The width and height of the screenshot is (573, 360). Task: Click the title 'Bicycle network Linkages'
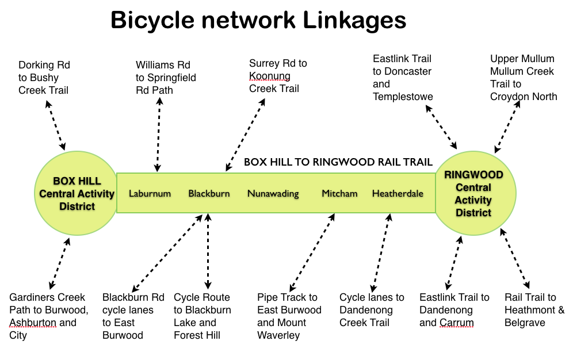[x=258, y=21]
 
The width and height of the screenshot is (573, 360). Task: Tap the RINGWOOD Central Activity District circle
[x=473, y=193]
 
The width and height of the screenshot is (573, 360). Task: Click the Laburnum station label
[x=150, y=193]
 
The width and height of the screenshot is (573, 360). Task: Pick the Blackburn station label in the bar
[x=209, y=193]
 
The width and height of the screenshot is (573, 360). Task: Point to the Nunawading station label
[x=273, y=193]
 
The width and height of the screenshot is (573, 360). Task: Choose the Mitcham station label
[x=339, y=193]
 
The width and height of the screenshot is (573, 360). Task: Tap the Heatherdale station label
[x=398, y=193]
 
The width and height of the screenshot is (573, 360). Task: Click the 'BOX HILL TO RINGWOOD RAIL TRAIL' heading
[x=338, y=162]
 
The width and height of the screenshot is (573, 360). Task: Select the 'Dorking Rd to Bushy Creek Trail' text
[x=44, y=78]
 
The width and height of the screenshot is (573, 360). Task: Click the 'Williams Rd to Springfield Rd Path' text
[x=166, y=78]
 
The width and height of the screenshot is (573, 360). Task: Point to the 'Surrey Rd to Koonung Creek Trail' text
[x=278, y=76]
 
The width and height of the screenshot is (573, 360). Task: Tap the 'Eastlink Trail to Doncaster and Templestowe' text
[x=402, y=78]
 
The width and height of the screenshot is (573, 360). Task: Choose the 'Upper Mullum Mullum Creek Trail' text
[x=524, y=78]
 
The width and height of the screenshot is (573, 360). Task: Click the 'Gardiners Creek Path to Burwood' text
[x=49, y=316]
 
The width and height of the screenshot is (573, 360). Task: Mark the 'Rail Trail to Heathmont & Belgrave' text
[x=534, y=310]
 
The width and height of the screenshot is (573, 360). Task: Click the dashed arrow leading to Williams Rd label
[x=158, y=135]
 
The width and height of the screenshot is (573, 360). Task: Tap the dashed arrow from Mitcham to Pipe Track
[x=312, y=252]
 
